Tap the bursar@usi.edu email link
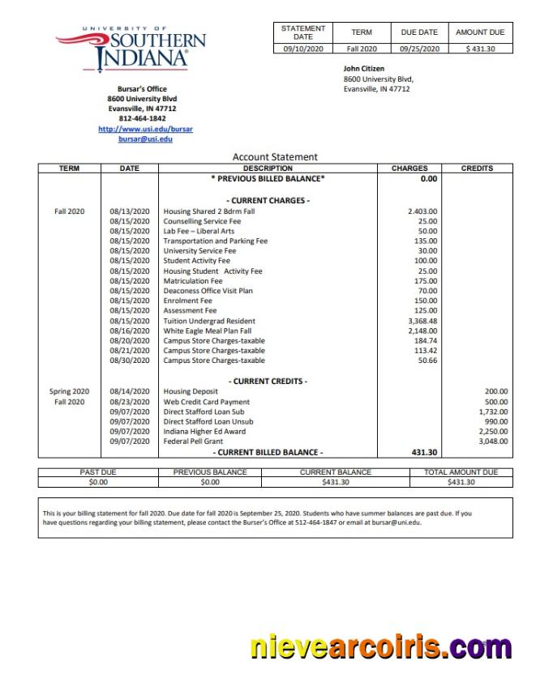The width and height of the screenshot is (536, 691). (x=145, y=139)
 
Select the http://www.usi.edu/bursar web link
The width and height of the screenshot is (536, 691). (x=145, y=129)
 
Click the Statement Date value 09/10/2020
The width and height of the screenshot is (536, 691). (x=302, y=49)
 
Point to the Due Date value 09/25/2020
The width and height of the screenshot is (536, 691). (x=419, y=49)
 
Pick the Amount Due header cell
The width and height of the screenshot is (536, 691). (x=480, y=32)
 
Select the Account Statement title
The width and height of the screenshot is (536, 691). (x=275, y=157)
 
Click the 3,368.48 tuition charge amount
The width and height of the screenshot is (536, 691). (x=422, y=321)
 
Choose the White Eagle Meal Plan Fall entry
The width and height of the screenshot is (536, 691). (x=207, y=331)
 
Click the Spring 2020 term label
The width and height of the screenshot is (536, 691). (x=69, y=391)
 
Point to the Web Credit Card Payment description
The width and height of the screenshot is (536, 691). (x=206, y=402)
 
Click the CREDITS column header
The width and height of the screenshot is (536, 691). (x=477, y=168)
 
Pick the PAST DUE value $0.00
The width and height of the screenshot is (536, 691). (x=98, y=482)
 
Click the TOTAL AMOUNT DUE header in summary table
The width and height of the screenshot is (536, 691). (x=461, y=472)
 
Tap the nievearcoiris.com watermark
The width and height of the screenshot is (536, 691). (x=381, y=647)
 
